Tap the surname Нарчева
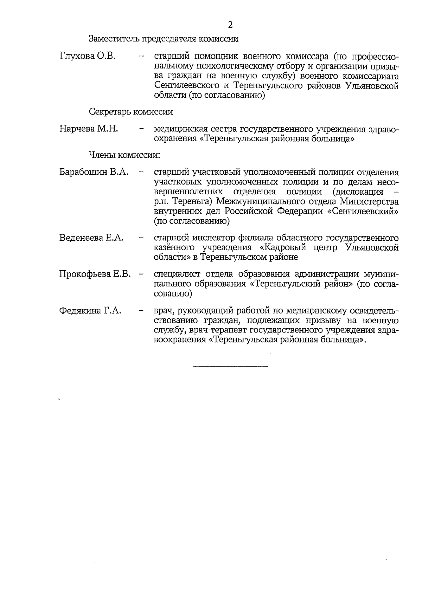tap(77, 129)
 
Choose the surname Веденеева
tap(81, 238)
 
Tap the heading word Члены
tap(102, 155)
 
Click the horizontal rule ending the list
tap(230, 367)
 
